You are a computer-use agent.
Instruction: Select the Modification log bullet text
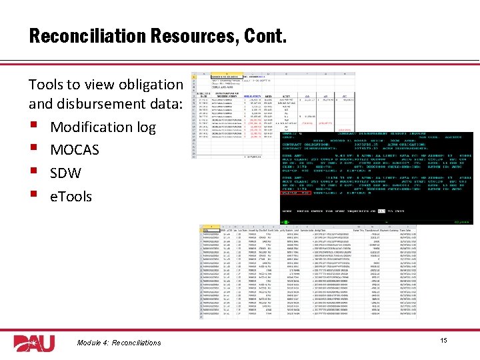coord(103,127)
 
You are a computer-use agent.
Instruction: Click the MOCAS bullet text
coord(75,150)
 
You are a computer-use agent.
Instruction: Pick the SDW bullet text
coord(65,173)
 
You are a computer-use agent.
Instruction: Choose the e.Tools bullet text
coord(71,197)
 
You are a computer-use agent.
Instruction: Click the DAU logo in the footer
coord(34,342)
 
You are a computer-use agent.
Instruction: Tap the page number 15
coord(443,341)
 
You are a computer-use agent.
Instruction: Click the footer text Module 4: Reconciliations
coord(118,343)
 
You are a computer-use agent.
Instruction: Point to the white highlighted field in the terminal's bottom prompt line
coord(382,211)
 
